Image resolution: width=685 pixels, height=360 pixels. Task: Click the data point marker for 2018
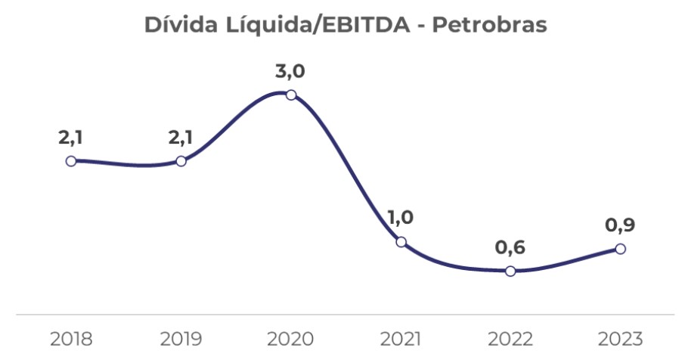71,161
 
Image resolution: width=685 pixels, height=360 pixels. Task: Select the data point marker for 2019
181,161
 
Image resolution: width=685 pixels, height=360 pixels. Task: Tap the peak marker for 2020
291,95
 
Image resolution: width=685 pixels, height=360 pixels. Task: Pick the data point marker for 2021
401,242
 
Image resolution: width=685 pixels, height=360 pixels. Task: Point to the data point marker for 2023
620,249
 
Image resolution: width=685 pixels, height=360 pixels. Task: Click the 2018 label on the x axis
71,338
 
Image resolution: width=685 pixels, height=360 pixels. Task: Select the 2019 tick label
181,338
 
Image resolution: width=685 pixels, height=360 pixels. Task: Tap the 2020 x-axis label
291,338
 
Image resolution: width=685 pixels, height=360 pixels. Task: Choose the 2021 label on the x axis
401,338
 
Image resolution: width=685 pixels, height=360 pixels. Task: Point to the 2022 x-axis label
510,338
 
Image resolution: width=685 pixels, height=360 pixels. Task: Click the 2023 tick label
620,338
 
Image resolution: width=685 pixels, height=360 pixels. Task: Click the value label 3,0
291,73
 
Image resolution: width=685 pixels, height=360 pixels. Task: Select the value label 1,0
401,219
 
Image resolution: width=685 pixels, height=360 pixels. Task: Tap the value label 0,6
510,248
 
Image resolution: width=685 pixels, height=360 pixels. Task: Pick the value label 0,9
620,225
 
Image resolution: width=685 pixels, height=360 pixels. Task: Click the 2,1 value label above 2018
71,138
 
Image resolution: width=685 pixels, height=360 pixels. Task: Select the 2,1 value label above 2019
181,138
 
